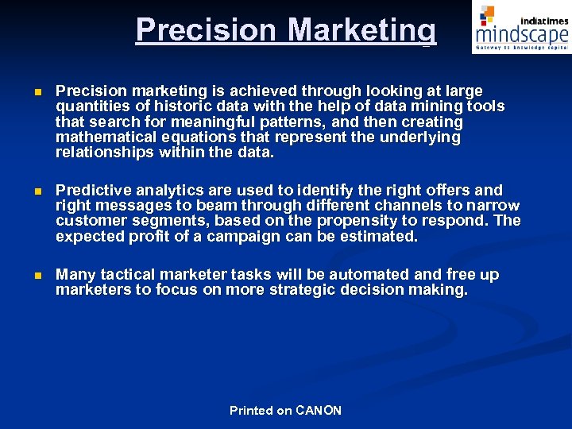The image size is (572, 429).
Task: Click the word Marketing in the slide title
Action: pos(361,30)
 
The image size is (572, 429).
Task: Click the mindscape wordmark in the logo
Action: pos(522,35)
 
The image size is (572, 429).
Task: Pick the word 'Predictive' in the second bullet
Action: pos(95,190)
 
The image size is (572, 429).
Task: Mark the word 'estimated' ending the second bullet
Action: pos(382,236)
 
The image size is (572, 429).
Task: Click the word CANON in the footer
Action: pos(319,411)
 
